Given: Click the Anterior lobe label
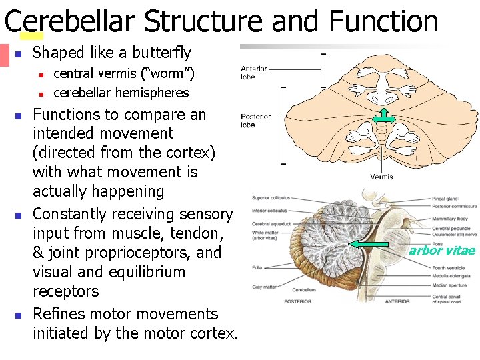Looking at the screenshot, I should click(253, 72).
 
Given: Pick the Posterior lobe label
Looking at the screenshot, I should click(256, 121).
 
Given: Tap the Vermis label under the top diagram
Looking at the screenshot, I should click(381, 177).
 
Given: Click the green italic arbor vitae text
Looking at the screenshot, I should click(442, 251).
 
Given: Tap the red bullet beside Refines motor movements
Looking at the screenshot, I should click(19, 315).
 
